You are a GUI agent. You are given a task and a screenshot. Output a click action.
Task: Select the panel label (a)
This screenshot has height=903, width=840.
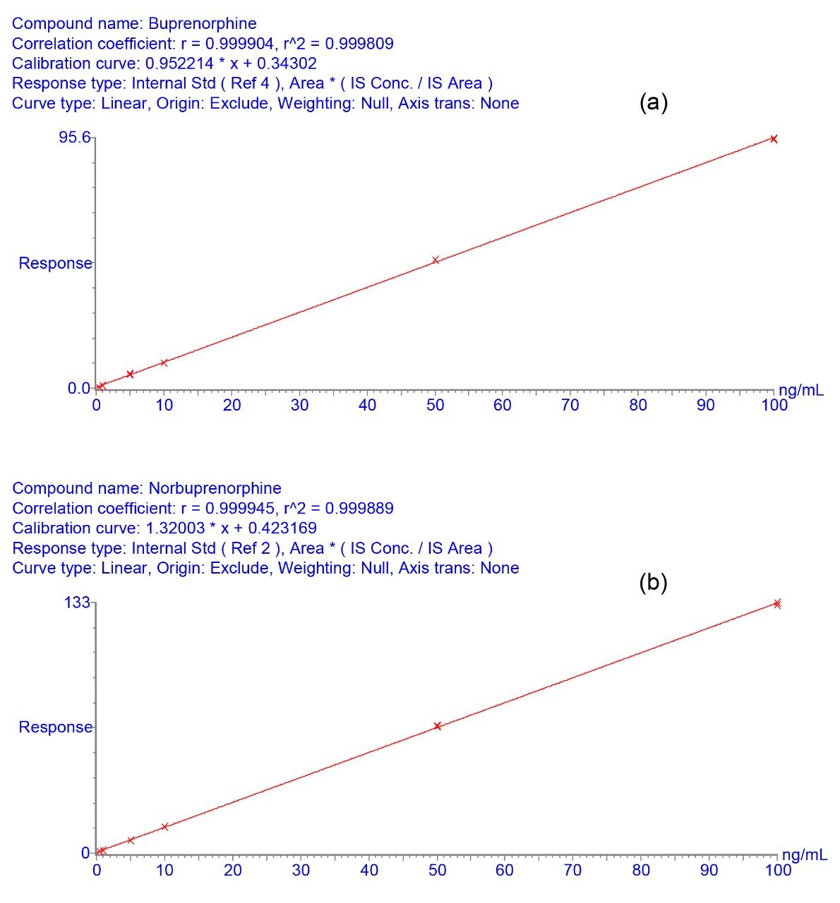point(653,103)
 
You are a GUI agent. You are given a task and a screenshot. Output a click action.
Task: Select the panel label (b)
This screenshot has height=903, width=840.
point(653,583)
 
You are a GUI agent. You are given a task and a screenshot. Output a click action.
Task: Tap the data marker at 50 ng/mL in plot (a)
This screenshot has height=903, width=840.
point(436,260)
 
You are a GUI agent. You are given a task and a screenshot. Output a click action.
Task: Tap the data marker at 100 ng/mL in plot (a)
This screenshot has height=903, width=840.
point(774,139)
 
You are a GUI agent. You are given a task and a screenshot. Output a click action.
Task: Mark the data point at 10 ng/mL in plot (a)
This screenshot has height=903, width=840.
point(164,363)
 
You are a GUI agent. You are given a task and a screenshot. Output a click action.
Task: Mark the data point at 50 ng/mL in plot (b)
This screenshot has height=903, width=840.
point(438,726)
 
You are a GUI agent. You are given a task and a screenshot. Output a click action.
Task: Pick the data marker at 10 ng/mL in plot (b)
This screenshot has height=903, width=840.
point(165,827)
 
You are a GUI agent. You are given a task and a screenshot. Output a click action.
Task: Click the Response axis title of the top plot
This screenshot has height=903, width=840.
point(55,264)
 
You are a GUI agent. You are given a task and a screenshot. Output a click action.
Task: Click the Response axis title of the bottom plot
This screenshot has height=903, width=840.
point(55,727)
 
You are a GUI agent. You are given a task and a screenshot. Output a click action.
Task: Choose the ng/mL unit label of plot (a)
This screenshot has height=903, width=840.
point(800,391)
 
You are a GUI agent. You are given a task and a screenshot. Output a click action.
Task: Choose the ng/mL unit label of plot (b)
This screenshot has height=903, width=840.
point(803,855)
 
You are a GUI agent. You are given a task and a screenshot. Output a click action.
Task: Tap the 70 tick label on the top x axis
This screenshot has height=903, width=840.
point(570,405)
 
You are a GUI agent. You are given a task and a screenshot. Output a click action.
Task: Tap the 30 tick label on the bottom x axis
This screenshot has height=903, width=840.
point(301,870)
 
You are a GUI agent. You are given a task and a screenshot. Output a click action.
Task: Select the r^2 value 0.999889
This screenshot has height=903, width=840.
point(358,508)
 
